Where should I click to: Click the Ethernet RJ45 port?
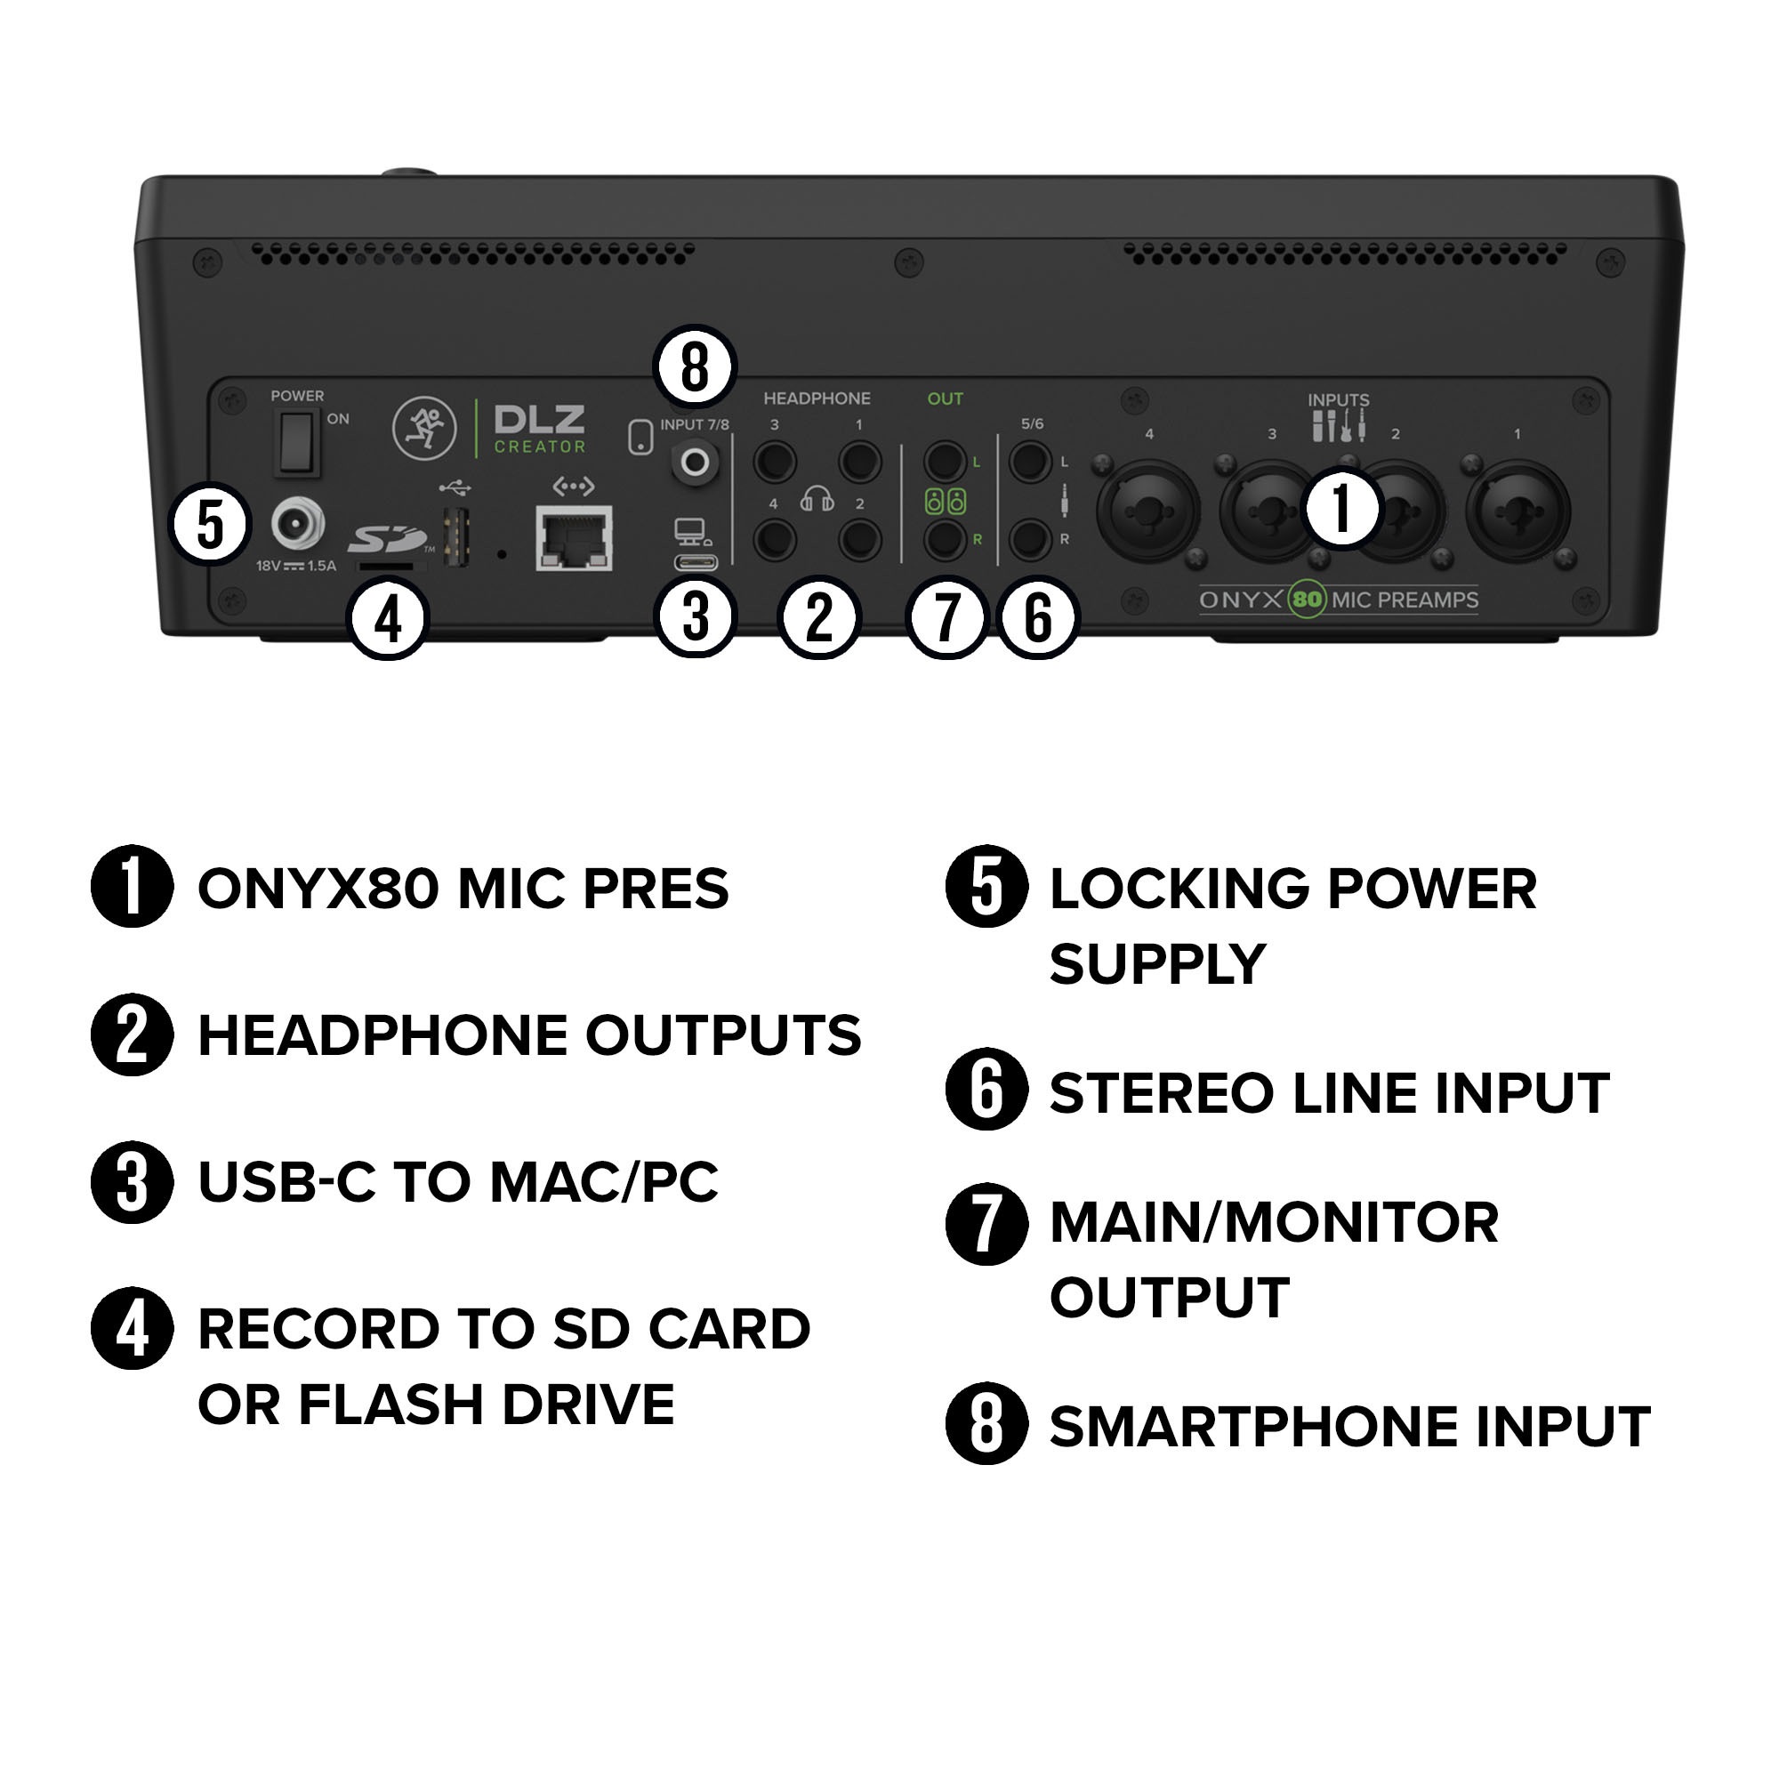[x=574, y=539]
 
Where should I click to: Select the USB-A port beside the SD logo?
[x=456, y=538]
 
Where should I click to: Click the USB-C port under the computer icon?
[x=696, y=563]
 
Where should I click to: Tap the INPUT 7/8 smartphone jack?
[x=696, y=463]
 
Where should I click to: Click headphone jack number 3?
[x=775, y=462]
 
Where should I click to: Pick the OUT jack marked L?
[x=944, y=462]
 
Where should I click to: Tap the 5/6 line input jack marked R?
[x=1029, y=540]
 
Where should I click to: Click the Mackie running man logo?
[x=424, y=429]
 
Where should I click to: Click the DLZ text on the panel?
[x=540, y=421]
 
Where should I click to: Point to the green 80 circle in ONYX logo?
[x=1306, y=600]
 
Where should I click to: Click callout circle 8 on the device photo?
[x=695, y=366]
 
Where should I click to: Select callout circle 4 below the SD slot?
[x=389, y=620]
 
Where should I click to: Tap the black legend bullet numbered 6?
[x=986, y=1091]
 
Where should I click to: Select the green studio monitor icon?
[x=945, y=502]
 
